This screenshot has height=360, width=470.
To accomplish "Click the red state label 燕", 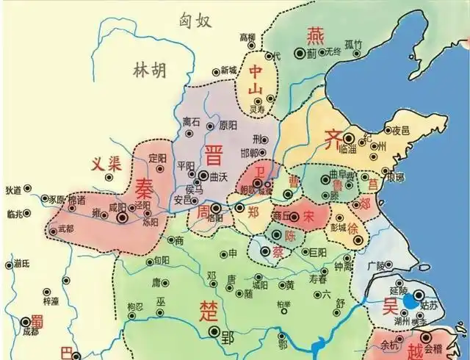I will point(314,33).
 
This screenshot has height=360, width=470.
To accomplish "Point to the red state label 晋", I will point(214,156).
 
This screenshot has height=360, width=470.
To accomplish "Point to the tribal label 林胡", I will point(150,71).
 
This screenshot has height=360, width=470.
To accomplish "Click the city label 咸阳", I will point(117,208).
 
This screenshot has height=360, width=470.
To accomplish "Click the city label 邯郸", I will point(249,153).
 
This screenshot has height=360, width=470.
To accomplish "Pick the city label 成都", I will point(30,332).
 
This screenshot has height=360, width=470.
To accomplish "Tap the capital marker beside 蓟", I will point(299,53).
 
